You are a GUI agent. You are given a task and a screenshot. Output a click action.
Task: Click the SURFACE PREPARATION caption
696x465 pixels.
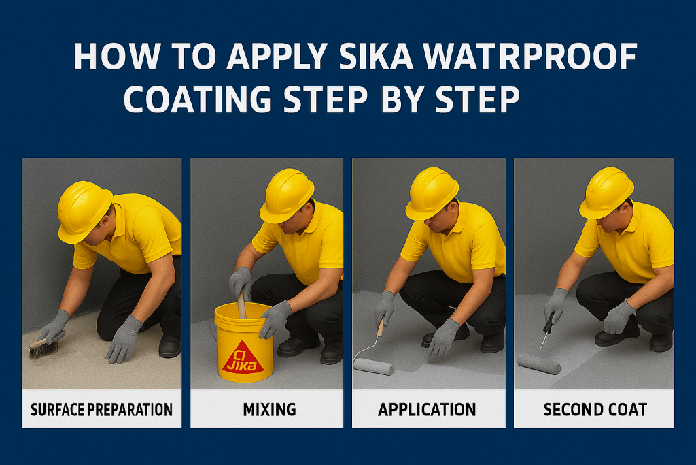(x=102, y=409)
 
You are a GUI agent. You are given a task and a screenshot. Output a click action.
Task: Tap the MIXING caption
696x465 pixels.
(x=269, y=409)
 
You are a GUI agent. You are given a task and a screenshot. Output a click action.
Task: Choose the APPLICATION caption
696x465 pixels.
(x=427, y=409)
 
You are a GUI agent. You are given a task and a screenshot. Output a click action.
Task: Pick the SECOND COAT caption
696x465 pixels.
(x=595, y=409)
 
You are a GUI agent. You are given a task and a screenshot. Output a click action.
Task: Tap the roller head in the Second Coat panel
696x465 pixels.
(x=539, y=364)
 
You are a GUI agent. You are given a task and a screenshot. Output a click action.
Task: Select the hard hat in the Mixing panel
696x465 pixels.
(x=287, y=195)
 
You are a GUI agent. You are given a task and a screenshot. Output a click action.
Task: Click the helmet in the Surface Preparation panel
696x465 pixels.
(x=84, y=211)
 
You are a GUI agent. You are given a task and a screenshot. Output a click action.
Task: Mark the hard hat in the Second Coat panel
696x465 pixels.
(x=606, y=193)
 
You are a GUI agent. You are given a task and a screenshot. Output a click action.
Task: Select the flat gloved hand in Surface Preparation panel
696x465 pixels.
(x=124, y=339)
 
